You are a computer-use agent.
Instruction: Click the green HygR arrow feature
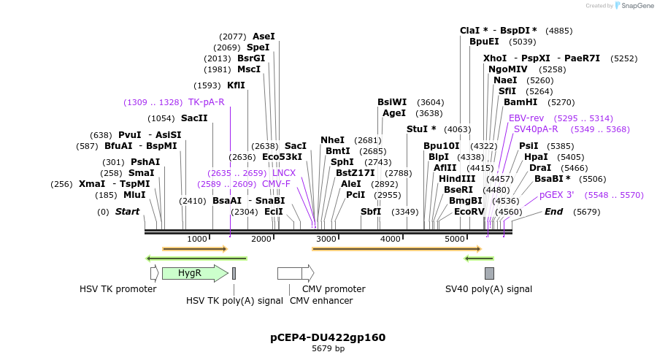[195, 273]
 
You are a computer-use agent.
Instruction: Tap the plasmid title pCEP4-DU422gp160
[328, 337]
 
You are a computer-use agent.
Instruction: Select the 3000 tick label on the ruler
[326, 239]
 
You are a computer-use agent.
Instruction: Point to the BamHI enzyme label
[520, 102]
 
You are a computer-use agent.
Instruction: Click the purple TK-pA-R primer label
[206, 102]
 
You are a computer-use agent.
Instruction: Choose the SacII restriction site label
[194, 118]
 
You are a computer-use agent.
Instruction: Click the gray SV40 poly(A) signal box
[489, 273]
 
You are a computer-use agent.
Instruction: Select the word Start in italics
[127, 212]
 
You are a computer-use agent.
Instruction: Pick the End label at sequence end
[553, 212]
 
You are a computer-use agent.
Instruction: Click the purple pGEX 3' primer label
[556, 195]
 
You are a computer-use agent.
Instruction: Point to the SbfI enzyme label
[371, 212]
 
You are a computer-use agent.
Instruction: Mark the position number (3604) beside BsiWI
[430, 102]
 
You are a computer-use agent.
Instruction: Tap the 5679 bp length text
[328, 349]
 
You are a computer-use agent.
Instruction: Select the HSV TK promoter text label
[118, 289]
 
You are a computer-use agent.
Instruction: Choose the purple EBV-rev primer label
[526, 118]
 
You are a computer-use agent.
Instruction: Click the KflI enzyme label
[236, 85]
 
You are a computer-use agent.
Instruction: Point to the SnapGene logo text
[637, 6]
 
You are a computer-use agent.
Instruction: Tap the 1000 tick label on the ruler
[197, 239]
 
